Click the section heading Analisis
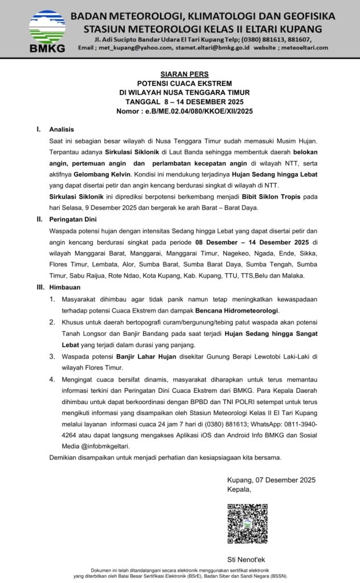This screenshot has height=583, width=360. pyautogui.click(x=62, y=129)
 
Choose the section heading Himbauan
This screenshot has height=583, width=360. pyautogui.click(x=64, y=287)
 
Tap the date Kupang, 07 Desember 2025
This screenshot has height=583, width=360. pyautogui.click(x=271, y=480)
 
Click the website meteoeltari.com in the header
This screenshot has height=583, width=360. pyautogui.click(x=307, y=48)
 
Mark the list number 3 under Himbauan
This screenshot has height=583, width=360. pyautogui.click(x=51, y=356)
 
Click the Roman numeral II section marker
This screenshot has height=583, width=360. pyautogui.click(x=39, y=219)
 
